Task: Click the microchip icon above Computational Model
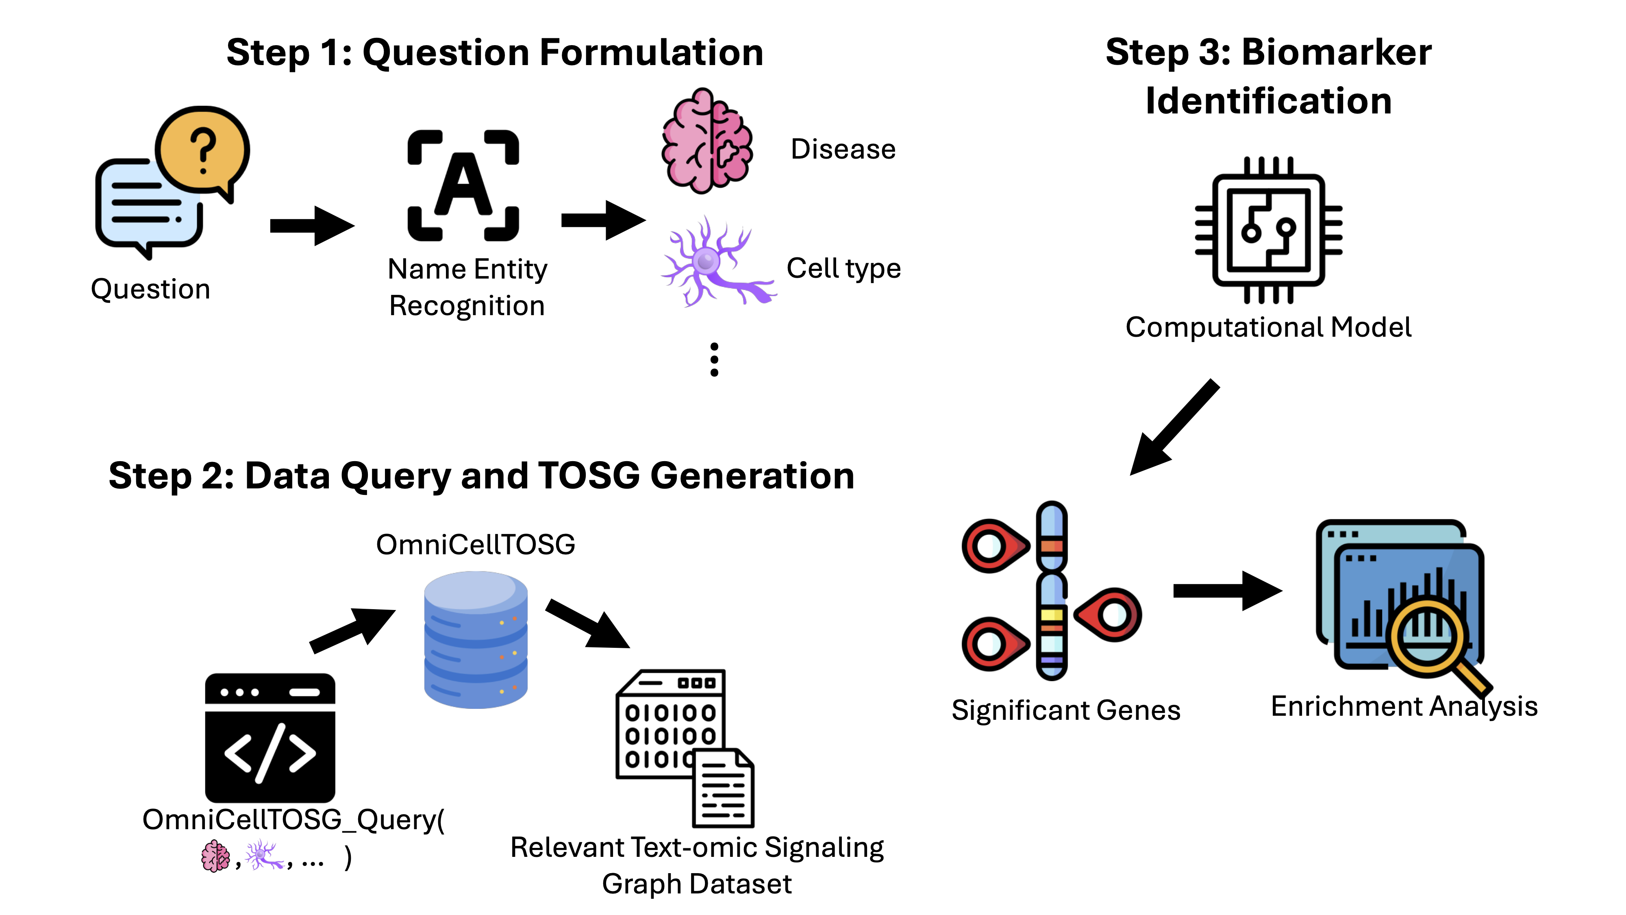1268,231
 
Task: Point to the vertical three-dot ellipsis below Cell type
714,360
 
